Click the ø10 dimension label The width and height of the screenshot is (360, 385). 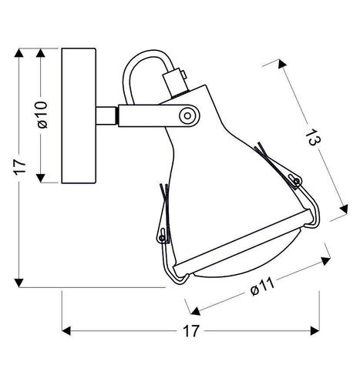[42, 115]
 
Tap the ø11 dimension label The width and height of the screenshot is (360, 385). [263, 287]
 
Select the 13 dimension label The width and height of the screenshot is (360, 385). [313, 138]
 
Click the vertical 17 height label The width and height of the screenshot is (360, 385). [20, 167]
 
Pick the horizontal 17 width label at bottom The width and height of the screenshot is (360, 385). [191, 331]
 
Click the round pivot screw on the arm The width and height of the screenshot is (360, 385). [188, 116]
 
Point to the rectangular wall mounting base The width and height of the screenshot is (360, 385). [79, 115]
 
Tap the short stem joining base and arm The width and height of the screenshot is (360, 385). [106, 115]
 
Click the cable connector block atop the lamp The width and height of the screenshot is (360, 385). [176, 82]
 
